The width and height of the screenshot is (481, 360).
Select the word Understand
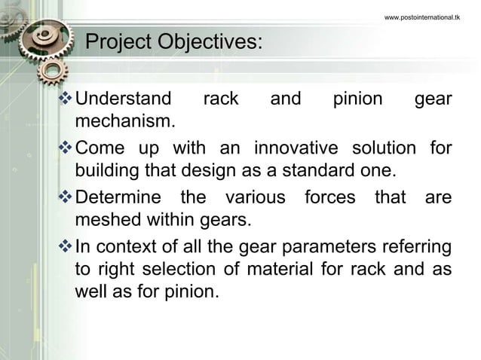124,99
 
